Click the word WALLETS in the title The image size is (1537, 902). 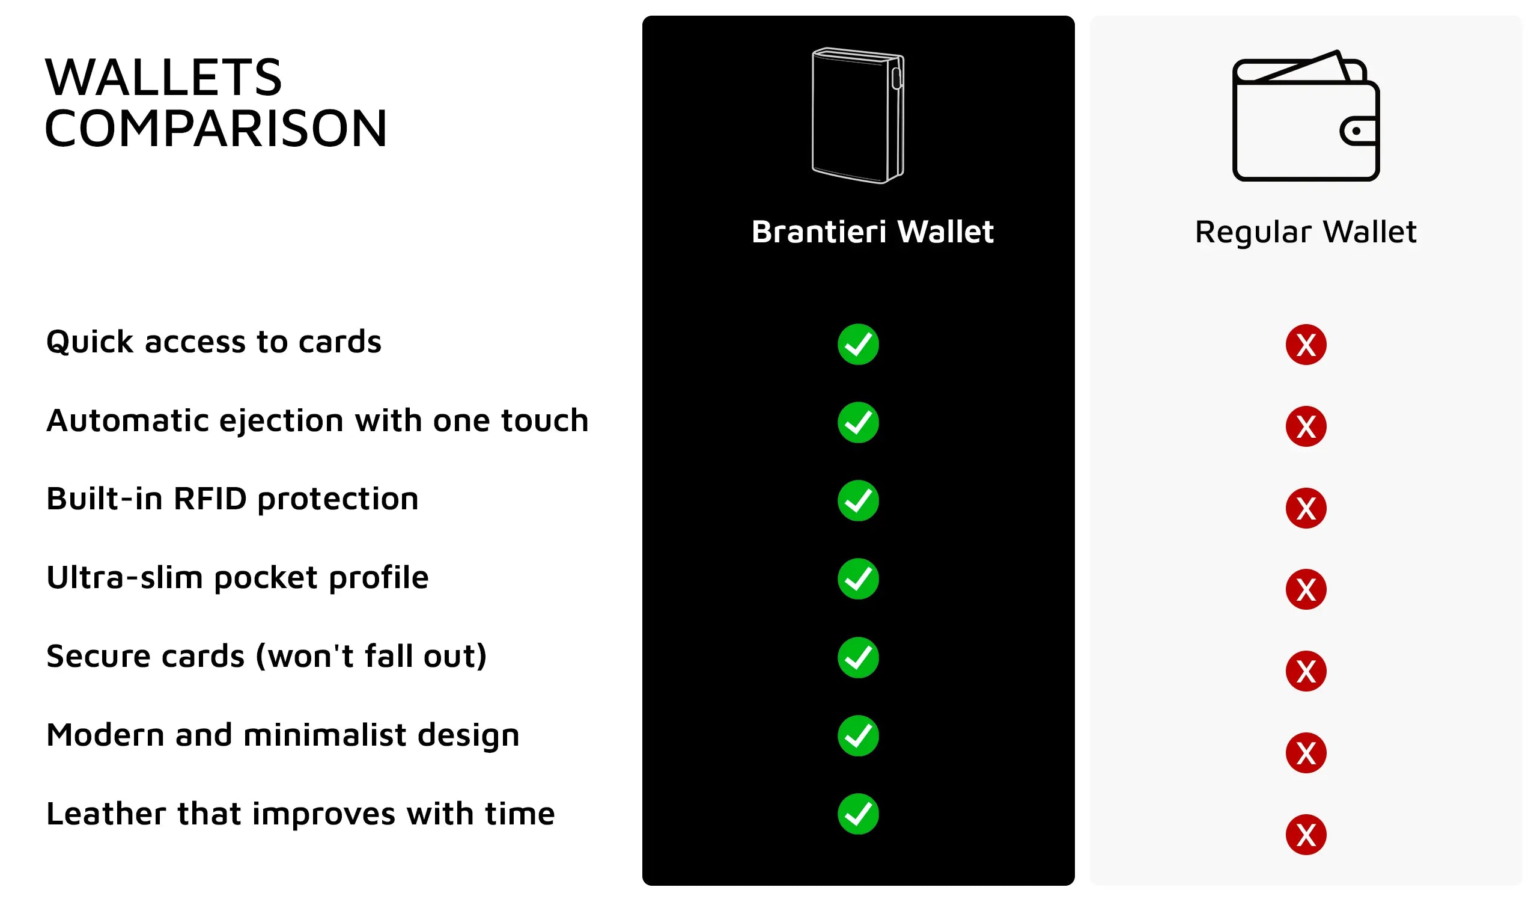click(x=163, y=78)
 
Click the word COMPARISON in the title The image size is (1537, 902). click(x=216, y=128)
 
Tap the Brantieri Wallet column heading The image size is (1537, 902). click(x=872, y=232)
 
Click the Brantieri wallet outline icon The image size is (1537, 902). click(x=858, y=115)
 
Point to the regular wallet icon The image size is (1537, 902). click(x=1306, y=115)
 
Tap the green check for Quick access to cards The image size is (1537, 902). click(x=858, y=344)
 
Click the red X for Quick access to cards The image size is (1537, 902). click(x=1306, y=345)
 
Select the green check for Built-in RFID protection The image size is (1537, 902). click(x=858, y=500)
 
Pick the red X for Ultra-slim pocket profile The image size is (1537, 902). click(x=1306, y=589)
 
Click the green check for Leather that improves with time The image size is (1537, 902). click(x=858, y=814)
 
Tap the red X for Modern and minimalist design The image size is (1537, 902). click(x=1306, y=753)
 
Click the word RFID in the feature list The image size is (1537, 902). click(x=210, y=499)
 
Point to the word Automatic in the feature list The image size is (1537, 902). click(x=127, y=420)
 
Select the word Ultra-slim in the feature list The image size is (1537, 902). click(x=124, y=577)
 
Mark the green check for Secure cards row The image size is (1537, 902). click(x=858, y=658)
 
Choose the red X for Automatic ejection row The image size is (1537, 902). click(x=1306, y=426)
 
